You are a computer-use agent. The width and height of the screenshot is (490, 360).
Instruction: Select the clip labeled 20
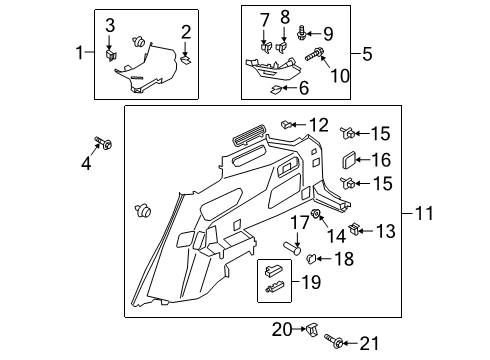314,326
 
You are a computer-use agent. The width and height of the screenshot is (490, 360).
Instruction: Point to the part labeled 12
288,124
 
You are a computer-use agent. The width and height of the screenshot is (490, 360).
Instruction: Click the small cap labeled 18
312,258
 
